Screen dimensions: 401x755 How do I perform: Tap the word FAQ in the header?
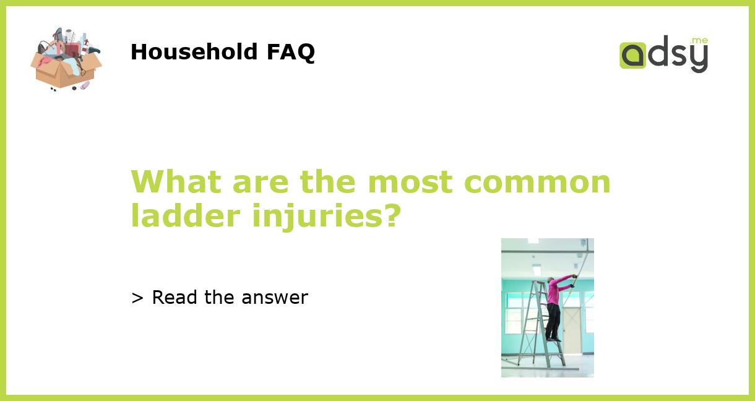pos(290,52)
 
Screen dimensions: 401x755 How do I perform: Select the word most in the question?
pos(411,182)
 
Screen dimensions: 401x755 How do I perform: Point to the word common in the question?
pos(537,182)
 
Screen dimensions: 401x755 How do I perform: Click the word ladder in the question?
pos(185,215)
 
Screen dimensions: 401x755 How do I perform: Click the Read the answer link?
pos(220,298)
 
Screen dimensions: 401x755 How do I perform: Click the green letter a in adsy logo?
pos(632,55)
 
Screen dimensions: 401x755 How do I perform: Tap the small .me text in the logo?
pos(699,41)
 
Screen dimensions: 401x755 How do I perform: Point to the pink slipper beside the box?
pos(84,85)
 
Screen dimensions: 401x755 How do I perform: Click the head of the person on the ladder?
pos(550,280)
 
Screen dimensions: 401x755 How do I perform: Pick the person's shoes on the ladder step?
pos(553,338)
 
